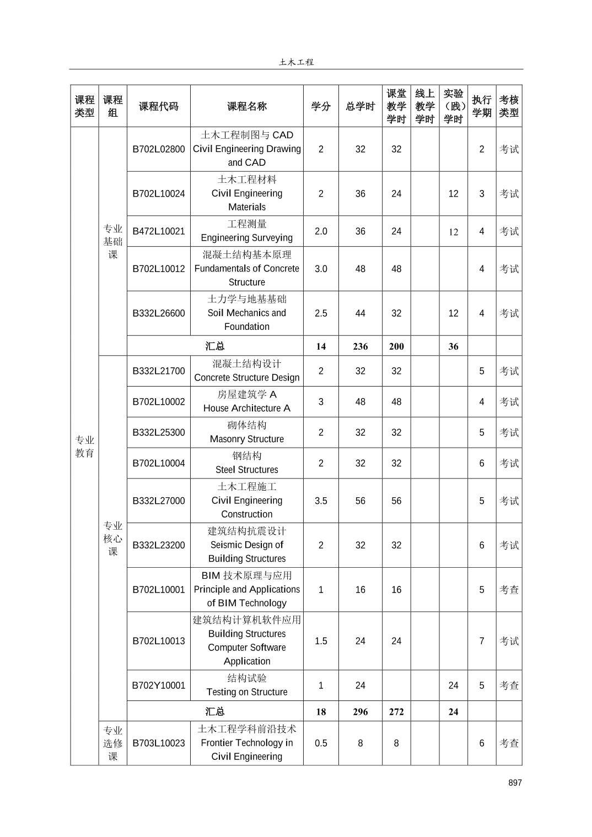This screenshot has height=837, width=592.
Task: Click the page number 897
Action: coord(514,782)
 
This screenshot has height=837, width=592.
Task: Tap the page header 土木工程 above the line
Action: coord(296,62)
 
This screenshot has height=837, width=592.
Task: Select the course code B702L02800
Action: coord(159,149)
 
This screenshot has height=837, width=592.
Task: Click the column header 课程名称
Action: coord(246,106)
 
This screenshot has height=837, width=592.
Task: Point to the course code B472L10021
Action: coord(159,231)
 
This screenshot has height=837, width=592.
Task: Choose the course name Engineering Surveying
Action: coord(246,238)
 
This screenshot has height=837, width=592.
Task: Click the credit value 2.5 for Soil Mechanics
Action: coord(321,313)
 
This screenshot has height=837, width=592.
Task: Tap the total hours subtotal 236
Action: coord(360,346)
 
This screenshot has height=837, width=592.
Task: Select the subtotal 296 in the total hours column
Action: coord(360,711)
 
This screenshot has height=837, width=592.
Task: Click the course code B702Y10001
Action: coord(159,686)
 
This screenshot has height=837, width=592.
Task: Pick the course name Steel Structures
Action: coord(246,470)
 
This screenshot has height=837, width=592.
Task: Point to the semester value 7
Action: coord(481,641)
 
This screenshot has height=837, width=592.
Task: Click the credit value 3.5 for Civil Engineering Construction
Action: coord(321,501)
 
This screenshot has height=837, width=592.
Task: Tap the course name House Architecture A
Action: coord(246,408)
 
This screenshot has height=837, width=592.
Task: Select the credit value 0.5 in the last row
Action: coord(321,743)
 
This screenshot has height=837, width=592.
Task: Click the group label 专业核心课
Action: coord(112,538)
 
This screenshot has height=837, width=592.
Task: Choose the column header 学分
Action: coord(321,106)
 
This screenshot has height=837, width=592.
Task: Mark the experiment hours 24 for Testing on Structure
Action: coord(453,686)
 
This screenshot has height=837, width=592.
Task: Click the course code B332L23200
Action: coord(159,545)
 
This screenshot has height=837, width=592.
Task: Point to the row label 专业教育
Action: coord(84,447)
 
